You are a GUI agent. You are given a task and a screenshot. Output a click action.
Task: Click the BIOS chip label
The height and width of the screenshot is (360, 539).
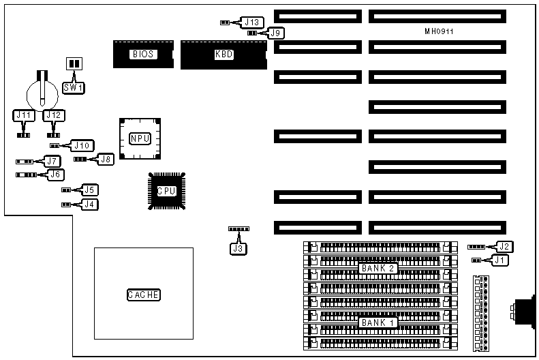tap(143, 54)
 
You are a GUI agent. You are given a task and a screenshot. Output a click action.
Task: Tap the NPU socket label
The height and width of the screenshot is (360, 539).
tap(140, 138)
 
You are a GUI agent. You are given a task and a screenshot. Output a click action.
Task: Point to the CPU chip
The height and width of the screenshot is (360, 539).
tap(166, 191)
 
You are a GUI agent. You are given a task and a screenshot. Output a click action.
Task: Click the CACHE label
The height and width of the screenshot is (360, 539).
tap(143, 295)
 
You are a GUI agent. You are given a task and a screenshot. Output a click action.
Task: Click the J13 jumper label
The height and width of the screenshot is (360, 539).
tap(251, 22)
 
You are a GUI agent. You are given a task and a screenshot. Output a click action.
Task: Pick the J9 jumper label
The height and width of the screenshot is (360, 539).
tap(275, 32)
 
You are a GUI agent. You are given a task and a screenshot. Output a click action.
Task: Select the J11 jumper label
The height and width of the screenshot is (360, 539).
tap(25, 115)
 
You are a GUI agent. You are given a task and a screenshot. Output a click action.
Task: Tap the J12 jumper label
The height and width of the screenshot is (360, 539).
tap(54, 115)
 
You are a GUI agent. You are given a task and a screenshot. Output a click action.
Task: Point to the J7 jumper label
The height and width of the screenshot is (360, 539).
tap(52, 162)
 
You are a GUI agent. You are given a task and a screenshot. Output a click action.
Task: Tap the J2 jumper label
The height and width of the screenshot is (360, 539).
tap(504, 246)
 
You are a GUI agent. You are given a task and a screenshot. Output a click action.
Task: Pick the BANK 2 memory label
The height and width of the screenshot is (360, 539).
tap(378, 268)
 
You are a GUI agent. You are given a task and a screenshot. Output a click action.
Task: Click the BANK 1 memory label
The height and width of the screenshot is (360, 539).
tap(378, 322)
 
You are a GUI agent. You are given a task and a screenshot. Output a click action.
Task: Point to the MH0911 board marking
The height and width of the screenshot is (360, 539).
tap(439, 31)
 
